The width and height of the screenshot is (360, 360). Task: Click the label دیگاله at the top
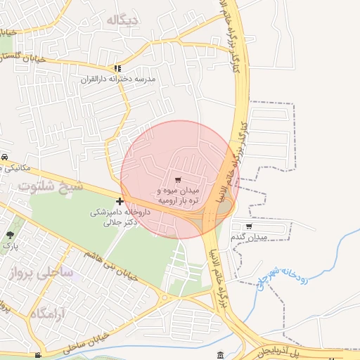click(x=122, y=20)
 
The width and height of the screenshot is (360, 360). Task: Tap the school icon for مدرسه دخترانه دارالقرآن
click(x=118, y=69)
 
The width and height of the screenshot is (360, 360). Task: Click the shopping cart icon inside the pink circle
click(x=178, y=180)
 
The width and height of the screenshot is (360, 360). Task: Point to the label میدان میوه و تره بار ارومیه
click(x=178, y=195)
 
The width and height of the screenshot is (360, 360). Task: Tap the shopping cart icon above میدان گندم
click(x=249, y=226)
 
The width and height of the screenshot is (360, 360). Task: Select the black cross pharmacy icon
click(x=120, y=201)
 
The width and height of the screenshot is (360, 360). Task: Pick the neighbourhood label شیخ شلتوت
click(x=51, y=186)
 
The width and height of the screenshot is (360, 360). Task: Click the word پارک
click(x=10, y=246)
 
